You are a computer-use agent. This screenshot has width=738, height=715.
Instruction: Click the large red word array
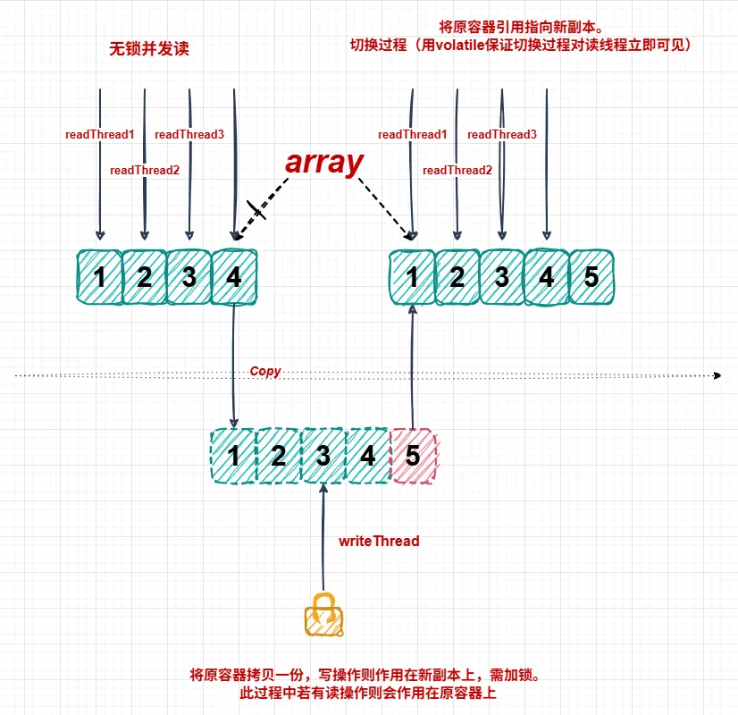324,163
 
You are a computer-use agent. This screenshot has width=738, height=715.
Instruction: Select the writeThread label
379,541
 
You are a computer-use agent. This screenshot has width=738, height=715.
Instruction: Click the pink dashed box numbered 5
413,456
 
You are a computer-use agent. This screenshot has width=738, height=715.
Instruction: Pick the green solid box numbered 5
591,277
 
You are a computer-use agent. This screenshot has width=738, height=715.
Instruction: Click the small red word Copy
265,371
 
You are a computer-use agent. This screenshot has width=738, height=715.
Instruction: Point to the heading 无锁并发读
149,49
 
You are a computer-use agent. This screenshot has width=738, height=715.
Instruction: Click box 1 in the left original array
99,277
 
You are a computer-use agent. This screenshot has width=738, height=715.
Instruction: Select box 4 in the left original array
234,277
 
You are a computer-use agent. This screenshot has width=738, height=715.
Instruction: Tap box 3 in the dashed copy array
323,456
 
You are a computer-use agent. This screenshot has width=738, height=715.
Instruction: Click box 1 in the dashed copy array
233,456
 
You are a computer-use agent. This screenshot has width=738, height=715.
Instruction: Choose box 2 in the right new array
457,277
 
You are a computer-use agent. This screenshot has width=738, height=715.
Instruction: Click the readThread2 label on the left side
145,170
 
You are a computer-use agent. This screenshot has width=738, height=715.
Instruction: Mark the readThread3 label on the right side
502,134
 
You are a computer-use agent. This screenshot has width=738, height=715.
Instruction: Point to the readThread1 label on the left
99,134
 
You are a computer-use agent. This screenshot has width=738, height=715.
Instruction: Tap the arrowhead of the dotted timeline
717,376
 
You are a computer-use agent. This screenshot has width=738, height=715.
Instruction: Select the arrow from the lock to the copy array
323,536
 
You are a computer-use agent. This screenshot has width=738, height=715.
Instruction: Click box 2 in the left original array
145,277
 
